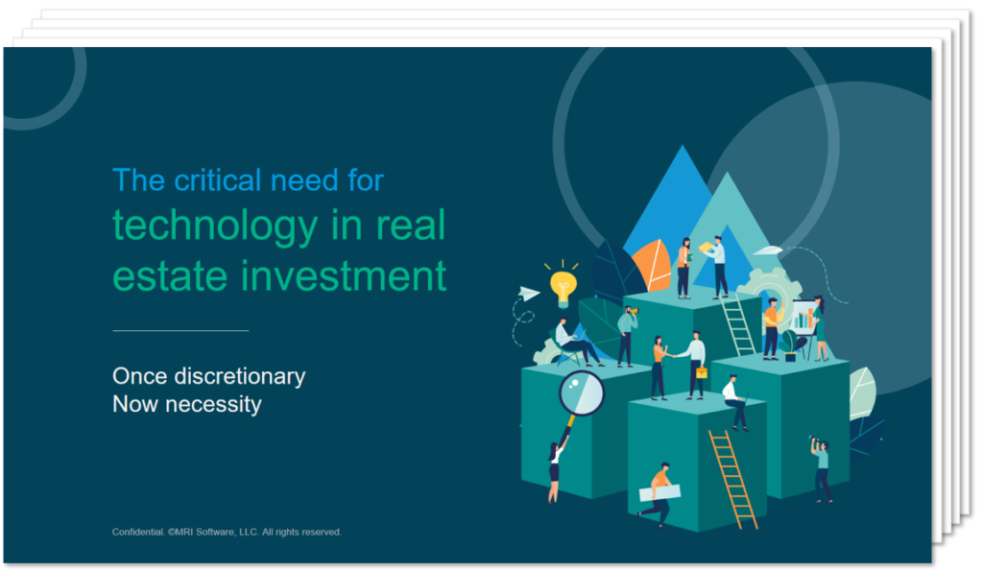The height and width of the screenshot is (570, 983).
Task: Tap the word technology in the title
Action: tap(216, 226)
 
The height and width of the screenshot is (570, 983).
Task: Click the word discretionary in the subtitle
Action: tap(239, 376)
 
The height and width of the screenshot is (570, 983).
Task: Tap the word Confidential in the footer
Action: tap(138, 532)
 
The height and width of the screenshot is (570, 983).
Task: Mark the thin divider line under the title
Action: tap(180, 330)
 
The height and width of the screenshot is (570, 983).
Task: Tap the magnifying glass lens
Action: tap(582, 392)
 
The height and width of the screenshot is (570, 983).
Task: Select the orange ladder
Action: tap(732, 479)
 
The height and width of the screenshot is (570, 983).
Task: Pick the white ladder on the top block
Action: tap(738, 326)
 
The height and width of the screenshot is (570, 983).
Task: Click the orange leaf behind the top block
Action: tap(652, 266)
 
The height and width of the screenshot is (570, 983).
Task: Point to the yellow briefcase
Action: tap(702, 372)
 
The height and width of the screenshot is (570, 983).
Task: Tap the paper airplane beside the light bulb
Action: tap(529, 293)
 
